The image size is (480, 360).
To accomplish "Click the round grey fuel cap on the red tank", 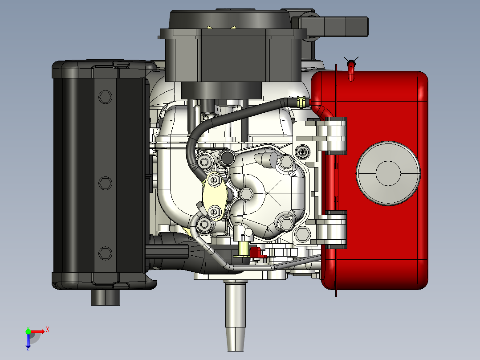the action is coord(388,173).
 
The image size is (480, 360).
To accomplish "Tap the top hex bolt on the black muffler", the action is coord(105,97).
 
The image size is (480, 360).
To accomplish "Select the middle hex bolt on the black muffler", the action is coord(105,183).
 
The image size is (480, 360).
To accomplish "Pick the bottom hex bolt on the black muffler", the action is coord(105,254).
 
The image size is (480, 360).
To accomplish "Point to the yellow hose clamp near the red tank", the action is coord(301,102).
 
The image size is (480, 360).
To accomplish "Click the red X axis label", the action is coord(48,330).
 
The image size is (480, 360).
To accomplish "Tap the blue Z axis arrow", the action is coord(28,342).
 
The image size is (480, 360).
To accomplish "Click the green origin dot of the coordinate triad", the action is coord(28,332).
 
